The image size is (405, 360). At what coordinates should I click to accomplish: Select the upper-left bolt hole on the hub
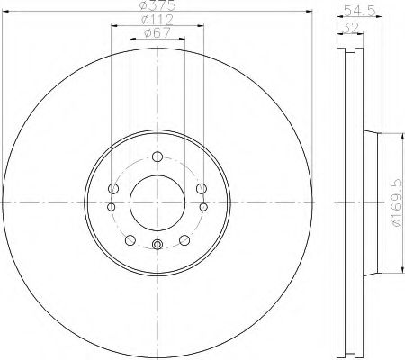coord(112,188)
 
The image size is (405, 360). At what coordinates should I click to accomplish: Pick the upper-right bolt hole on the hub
coord(200,188)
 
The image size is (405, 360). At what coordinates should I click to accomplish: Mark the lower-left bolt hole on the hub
coord(129,239)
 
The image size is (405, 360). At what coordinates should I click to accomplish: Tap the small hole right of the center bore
coord(202,207)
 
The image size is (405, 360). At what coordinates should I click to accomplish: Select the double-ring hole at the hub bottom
coord(156,245)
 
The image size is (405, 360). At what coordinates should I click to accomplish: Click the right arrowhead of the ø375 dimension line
coord(308,15)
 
